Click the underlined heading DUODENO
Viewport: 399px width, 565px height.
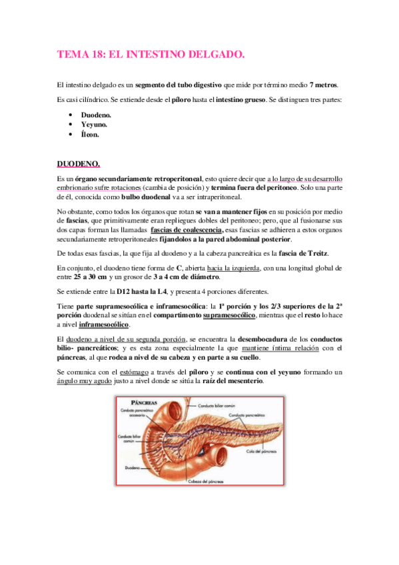(x=79, y=164)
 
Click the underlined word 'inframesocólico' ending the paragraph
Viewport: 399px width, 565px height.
(x=105, y=324)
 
